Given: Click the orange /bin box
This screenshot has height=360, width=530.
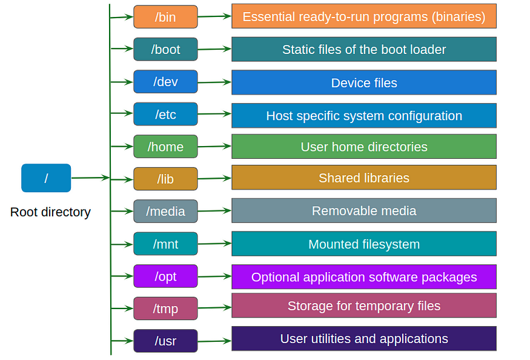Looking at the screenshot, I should (165, 17).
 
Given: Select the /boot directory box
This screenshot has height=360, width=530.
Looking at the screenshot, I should (165, 49).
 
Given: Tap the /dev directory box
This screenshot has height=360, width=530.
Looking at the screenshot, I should (165, 82).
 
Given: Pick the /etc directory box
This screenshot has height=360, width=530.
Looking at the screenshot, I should (165, 114).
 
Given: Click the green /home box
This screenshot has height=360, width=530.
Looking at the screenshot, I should (165, 147).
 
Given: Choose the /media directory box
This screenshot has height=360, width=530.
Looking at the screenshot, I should (165, 212).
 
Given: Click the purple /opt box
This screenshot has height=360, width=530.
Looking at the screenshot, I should (165, 276).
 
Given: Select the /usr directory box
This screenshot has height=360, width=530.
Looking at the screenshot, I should (165, 341).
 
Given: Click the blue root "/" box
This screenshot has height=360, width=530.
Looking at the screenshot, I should (46, 178).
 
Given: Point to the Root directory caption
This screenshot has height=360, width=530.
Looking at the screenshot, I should (50, 212).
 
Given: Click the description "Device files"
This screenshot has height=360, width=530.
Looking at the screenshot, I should (363, 83).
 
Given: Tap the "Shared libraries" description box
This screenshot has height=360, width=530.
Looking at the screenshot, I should (363, 178).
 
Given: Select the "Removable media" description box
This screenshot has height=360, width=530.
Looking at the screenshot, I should (363, 211).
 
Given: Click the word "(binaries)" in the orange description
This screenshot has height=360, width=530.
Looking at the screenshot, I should (459, 17).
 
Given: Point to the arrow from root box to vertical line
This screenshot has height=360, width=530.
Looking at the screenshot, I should (90, 178).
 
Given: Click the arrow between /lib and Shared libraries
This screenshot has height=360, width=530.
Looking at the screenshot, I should (214, 179).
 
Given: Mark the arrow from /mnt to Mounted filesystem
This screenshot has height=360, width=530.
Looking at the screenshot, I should (214, 244).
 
